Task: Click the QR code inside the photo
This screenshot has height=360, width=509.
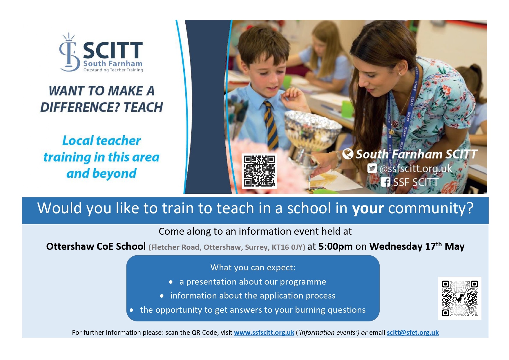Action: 259,171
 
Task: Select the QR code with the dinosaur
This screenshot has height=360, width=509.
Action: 460,298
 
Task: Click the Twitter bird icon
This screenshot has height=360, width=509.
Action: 372,168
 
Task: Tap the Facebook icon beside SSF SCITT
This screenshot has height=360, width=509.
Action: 385,182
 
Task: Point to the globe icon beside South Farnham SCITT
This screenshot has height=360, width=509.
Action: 348,154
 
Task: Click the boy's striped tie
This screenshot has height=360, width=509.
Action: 271,125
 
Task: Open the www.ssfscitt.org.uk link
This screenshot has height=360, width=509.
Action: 264,333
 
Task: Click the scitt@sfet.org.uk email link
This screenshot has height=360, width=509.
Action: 413,333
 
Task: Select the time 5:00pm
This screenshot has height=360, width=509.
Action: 335,247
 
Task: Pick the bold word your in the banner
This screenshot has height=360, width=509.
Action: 368,209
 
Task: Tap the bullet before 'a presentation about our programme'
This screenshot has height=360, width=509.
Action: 171,282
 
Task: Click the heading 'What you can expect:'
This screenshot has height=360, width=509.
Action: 253,267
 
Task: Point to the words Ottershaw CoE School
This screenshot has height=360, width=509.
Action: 96,247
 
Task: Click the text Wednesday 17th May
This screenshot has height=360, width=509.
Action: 417,246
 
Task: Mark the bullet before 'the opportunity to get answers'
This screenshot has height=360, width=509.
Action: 132,310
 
